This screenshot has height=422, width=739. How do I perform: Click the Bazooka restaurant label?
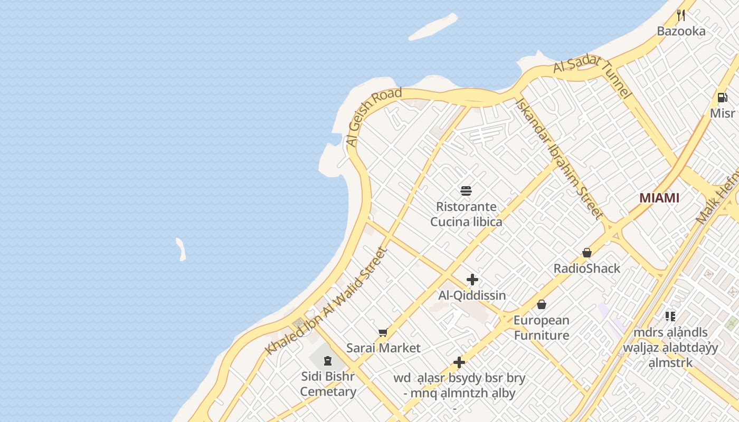point(681,31)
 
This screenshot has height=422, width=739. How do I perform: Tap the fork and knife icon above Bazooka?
point(681,15)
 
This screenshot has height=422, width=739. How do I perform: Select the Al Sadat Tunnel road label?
point(592,76)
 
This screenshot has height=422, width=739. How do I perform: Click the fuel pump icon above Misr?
point(722,98)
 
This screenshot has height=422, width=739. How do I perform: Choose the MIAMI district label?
point(659,198)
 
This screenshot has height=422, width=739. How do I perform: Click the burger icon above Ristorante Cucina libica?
point(466,190)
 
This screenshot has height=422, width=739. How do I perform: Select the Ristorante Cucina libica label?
point(466,214)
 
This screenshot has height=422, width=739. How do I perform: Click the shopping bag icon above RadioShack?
point(586,253)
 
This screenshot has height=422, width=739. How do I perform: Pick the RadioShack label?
point(586,268)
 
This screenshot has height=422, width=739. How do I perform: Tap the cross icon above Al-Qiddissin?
point(472,280)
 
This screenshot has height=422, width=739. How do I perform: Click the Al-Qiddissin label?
point(472,295)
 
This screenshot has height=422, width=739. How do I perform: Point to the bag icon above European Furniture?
point(541,304)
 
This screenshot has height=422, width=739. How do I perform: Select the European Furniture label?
point(542,328)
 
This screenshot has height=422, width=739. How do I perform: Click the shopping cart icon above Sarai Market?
point(383,332)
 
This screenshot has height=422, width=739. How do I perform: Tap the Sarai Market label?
point(383,348)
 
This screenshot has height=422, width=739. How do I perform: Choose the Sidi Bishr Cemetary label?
point(328,384)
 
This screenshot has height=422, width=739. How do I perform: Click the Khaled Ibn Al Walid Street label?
point(326,301)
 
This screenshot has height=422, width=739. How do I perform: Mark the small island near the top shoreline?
point(433,26)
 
